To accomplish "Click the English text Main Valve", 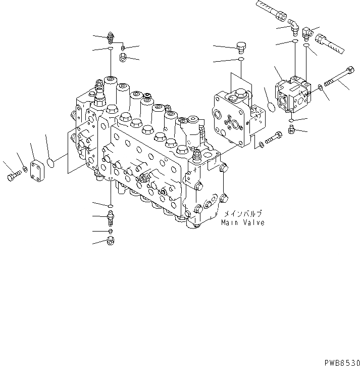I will click(242, 222).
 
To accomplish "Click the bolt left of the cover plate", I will click(13, 177).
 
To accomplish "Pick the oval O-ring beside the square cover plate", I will click(53, 162).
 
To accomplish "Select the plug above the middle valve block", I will click(241, 48).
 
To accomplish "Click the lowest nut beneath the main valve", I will click(110, 241).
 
